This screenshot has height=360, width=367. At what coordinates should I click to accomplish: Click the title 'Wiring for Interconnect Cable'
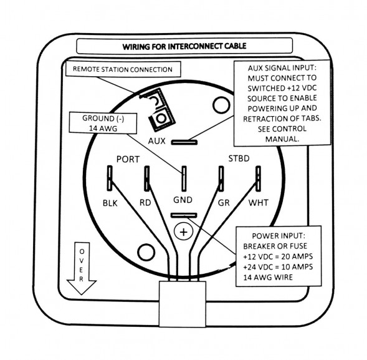coord(184,46)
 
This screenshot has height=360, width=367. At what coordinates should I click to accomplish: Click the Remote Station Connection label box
coord(123,69)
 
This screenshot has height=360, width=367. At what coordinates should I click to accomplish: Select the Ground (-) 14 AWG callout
coord(103,123)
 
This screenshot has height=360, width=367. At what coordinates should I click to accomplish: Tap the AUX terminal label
coord(156,141)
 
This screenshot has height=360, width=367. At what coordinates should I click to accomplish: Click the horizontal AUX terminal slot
coord(184,142)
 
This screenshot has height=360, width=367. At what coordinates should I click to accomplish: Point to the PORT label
coord(128,159)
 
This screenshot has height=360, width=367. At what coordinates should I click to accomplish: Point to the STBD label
coord(239,158)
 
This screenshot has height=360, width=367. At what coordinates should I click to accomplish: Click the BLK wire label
coord(110,203)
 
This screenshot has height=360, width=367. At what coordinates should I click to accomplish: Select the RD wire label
coord(145,203)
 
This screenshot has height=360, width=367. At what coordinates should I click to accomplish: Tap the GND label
coord(183,200)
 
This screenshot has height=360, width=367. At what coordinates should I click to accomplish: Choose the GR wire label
coord(224,203)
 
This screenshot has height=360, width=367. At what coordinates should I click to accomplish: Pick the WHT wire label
coord(259,203)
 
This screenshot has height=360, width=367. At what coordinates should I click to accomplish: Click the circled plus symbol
coord(184,232)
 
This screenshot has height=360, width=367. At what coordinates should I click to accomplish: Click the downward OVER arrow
coord(81,268)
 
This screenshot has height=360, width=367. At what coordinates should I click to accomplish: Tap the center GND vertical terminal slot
coord(184,178)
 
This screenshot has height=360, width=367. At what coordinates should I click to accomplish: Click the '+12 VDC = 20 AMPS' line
coord(278,256)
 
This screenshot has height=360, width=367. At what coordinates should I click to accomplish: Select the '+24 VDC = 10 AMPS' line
coord(278,267)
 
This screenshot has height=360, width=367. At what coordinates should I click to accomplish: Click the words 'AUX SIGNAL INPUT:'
coord(282,68)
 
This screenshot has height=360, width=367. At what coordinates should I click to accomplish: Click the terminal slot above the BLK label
coord(110,178)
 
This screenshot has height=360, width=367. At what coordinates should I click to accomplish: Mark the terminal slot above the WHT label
coord(258,178)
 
